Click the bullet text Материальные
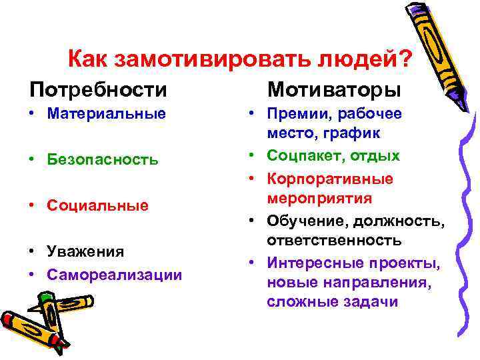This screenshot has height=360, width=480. [106, 113]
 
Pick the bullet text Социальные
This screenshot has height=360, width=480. [97, 205]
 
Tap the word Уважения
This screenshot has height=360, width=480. [85, 251]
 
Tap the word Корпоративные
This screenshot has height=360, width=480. [329, 179]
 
